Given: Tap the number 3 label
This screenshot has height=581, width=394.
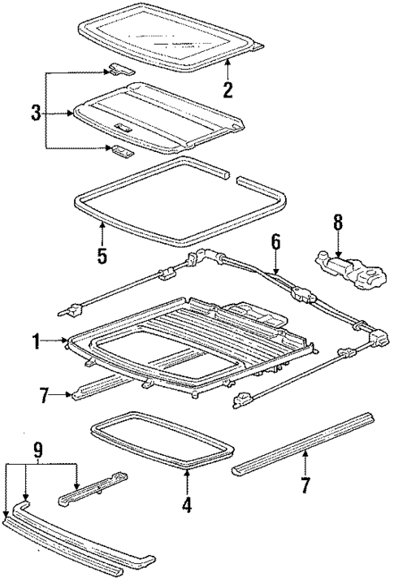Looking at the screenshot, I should tap(35, 114).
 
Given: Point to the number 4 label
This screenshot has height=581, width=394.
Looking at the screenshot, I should tap(186, 504).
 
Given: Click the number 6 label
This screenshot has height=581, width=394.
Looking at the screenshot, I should tap(275, 241).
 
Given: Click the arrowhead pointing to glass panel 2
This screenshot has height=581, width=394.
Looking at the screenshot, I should tap(228, 63).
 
